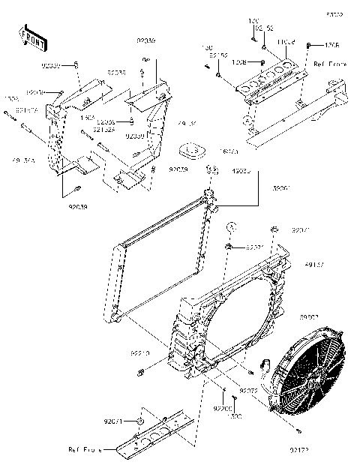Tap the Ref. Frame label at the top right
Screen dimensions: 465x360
331,65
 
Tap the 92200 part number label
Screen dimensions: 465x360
222,409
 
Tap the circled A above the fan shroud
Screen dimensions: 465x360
232,226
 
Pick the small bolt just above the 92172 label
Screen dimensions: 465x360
300,433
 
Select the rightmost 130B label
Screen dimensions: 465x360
332,45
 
